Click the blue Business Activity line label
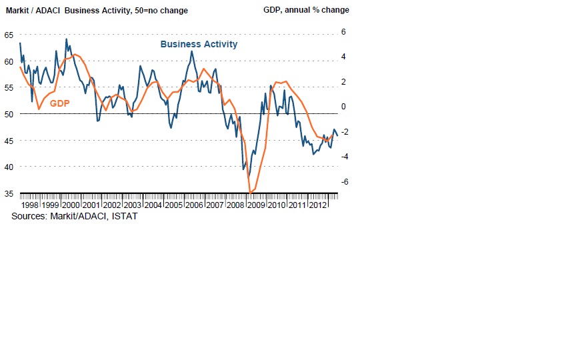[199, 44]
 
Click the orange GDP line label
[60, 103]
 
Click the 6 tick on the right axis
[344, 31]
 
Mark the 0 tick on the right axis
[344, 107]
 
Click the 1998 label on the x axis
[31, 205]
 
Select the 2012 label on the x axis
[317, 205]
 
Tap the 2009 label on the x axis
[256, 205]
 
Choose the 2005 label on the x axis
[174, 205]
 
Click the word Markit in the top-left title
[17, 10]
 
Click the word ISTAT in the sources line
[123, 217]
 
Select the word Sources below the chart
[29, 217]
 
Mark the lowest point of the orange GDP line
[250, 193]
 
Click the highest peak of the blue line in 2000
[66, 39]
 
